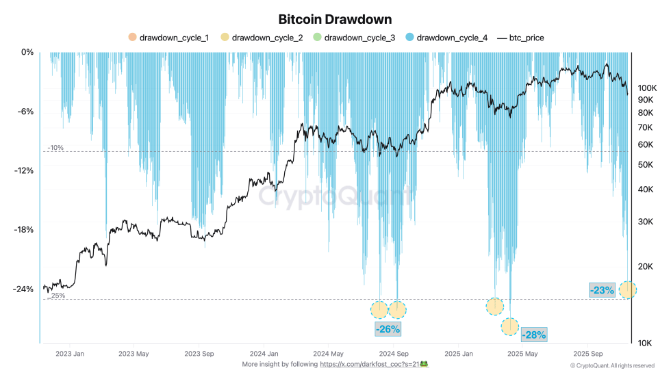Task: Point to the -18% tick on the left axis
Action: coord(23,230)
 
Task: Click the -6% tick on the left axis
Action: coord(25,112)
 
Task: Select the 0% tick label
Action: coord(27,52)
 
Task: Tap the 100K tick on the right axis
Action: coord(648,88)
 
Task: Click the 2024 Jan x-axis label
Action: coord(264,354)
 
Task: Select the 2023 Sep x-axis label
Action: coord(200,354)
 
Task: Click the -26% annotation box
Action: coord(388,328)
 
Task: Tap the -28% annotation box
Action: coord(534,335)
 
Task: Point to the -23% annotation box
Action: coord(603,290)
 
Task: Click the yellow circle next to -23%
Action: coord(627,290)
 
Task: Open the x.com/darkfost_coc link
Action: coord(370,365)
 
